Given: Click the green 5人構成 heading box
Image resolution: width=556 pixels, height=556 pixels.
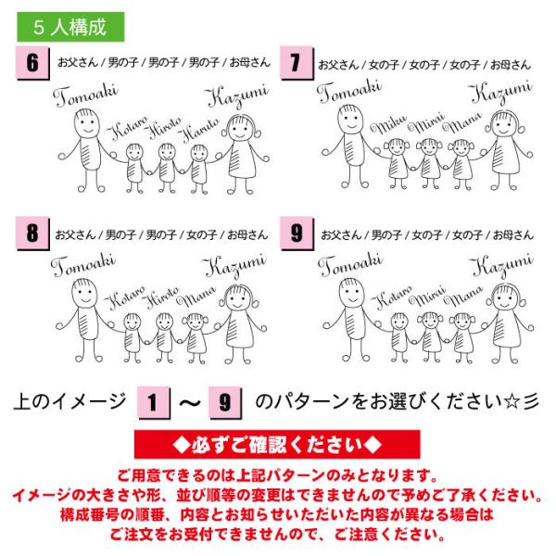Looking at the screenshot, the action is [71, 27].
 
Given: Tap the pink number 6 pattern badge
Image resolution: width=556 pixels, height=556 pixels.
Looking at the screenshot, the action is [32, 63].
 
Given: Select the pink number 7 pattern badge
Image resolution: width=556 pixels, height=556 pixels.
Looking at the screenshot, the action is [297, 63].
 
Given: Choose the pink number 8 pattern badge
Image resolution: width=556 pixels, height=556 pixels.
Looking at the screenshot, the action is [32, 234].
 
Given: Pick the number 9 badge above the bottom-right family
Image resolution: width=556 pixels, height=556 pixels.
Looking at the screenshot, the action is [297, 234].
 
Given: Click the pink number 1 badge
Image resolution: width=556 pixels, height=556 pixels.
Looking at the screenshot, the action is [153, 403].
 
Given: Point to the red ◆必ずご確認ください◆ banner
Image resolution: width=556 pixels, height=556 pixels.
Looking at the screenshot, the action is [277, 444].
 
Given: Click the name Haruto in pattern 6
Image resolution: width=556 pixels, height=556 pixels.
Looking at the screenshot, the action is [198, 130].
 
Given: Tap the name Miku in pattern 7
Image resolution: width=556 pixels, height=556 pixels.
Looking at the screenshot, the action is [388, 124].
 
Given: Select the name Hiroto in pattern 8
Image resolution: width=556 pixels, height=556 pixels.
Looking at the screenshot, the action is [161, 297].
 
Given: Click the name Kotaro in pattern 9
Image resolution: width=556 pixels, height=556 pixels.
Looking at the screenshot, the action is [392, 297].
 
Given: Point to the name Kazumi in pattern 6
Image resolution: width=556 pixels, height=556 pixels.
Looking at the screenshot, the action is [237, 95].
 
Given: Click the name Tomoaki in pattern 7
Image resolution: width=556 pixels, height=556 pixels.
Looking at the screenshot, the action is [349, 91].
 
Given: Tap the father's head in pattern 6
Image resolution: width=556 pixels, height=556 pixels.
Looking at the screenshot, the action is [87, 123].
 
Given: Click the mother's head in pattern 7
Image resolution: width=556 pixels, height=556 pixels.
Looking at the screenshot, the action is [505, 123].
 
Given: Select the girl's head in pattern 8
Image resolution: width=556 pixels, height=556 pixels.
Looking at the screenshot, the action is [196, 322].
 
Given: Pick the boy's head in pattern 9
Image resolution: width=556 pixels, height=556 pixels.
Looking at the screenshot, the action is [399, 322].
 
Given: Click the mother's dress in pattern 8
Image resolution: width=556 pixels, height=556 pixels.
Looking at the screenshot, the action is [240, 331].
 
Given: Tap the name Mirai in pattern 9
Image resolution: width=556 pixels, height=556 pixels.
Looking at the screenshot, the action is [427, 296].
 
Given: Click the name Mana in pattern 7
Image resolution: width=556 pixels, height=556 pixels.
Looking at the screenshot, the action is [462, 122].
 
